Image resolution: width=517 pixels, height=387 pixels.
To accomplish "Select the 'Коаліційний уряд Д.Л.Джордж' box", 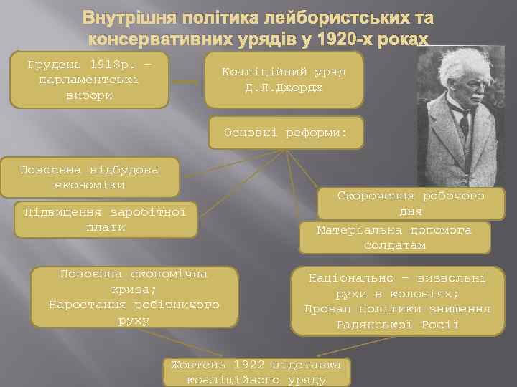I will coord(284,79).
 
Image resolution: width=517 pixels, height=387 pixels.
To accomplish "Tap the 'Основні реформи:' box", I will coord(286,133).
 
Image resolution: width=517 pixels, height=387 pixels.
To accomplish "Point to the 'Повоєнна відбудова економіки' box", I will coord(89,177).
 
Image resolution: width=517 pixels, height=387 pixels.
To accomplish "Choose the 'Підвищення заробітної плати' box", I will coord(105,219).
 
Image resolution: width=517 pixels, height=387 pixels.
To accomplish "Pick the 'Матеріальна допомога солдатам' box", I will coord(394,237).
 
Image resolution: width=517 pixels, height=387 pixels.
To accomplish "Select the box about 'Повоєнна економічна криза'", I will coord(134,297).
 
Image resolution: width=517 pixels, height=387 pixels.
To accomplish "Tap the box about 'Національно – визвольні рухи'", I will coord(397,300).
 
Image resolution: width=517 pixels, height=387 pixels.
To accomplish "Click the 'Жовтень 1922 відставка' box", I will coord(258,371).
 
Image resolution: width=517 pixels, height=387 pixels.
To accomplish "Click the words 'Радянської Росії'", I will coord(397,325).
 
